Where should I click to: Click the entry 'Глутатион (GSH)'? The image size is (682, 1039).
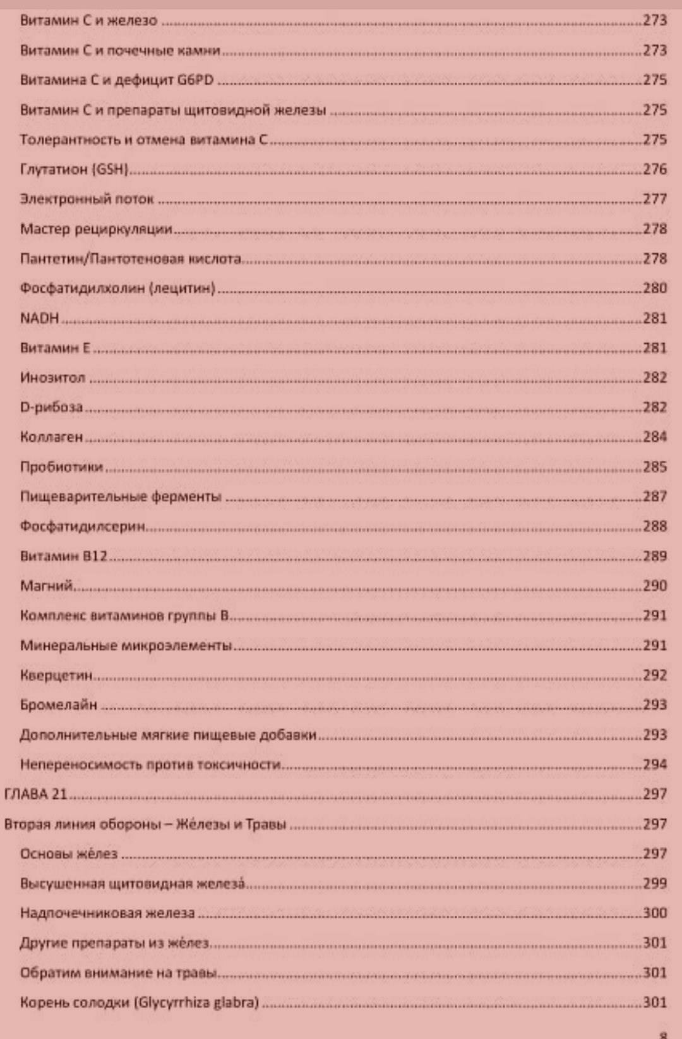tap(75, 169)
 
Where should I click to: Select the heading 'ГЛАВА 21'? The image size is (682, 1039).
tap(35, 794)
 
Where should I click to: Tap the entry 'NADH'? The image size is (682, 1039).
tap(39, 318)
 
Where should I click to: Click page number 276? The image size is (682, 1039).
tap(655, 169)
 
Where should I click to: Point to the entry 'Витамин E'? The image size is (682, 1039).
tap(55, 348)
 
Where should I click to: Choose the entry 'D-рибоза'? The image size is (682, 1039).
tap(51, 407)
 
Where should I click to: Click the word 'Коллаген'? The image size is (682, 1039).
tap(51, 437)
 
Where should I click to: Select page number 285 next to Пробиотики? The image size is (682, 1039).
tap(655, 467)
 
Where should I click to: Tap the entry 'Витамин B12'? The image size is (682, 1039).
tap(63, 556)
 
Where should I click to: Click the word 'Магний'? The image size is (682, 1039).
tap(47, 586)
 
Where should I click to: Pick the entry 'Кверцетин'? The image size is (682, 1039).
tap(56, 675)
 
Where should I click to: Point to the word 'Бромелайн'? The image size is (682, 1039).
tap(59, 705)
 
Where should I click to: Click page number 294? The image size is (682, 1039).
tap(655, 764)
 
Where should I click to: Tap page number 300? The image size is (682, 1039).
tap(655, 913)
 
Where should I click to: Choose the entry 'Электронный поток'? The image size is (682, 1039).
tap(87, 199)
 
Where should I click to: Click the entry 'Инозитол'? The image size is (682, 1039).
tap(52, 378)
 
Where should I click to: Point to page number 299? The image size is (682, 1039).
tap(655, 883)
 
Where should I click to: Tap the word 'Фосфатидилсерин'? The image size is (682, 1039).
tap(83, 526)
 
